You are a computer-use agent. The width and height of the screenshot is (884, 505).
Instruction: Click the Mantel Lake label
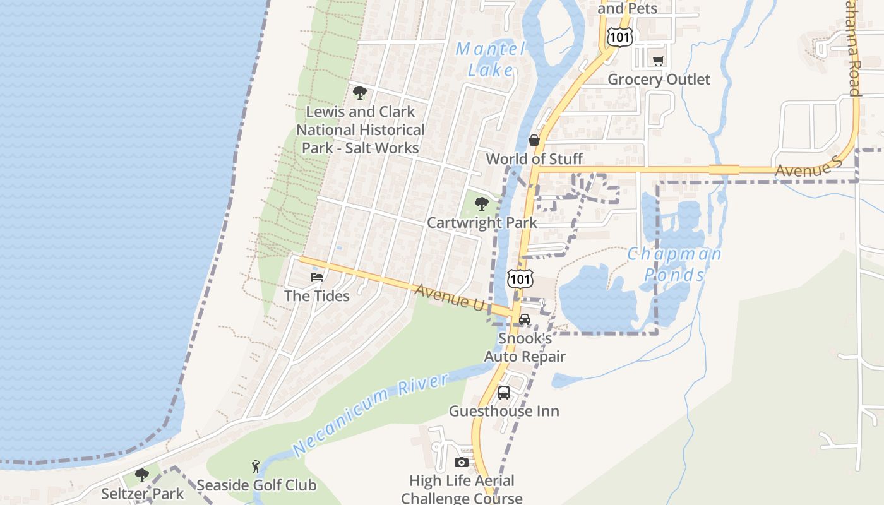tap(491, 59)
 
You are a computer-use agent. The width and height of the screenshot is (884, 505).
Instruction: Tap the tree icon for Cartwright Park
tap(482, 204)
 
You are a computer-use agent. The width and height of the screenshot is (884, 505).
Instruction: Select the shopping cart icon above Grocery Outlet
tap(659, 61)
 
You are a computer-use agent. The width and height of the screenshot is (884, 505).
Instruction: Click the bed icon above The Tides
tap(317, 276)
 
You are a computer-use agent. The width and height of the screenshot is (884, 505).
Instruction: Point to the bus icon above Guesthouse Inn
tap(504, 393)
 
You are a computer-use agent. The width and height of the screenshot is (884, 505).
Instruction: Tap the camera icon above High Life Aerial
tap(462, 462)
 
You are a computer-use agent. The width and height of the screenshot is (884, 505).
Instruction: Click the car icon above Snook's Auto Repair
tap(525, 319)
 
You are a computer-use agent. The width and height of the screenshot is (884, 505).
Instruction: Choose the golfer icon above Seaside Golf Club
tap(256, 466)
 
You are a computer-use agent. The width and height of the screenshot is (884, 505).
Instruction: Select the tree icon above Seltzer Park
tap(142, 475)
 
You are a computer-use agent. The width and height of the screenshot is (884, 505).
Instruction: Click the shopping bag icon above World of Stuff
tap(534, 140)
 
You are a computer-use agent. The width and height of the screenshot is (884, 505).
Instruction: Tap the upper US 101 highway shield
tap(619, 38)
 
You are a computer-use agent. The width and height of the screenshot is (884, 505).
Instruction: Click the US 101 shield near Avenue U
tap(520, 278)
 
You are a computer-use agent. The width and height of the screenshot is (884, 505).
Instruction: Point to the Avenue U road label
tap(450, 296)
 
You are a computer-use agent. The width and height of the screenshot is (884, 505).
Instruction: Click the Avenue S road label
tap(809, 168)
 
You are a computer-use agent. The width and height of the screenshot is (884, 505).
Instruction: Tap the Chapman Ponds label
tap(674, 264)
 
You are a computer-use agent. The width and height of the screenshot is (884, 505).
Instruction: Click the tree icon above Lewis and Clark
tap(360, 93)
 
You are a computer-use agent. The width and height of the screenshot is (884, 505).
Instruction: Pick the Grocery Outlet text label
tap(659, 80)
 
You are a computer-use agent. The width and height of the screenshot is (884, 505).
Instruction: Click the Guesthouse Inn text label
tap(504, 411)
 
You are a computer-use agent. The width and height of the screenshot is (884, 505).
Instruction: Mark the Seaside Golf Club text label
tap(256, 485)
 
